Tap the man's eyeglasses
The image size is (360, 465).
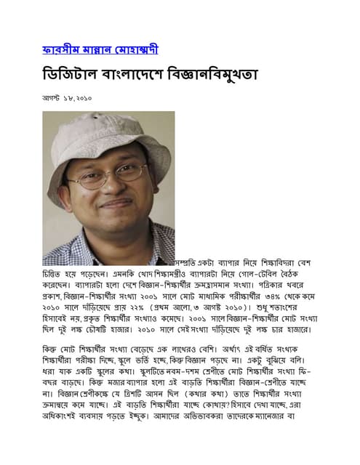point(109,176)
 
